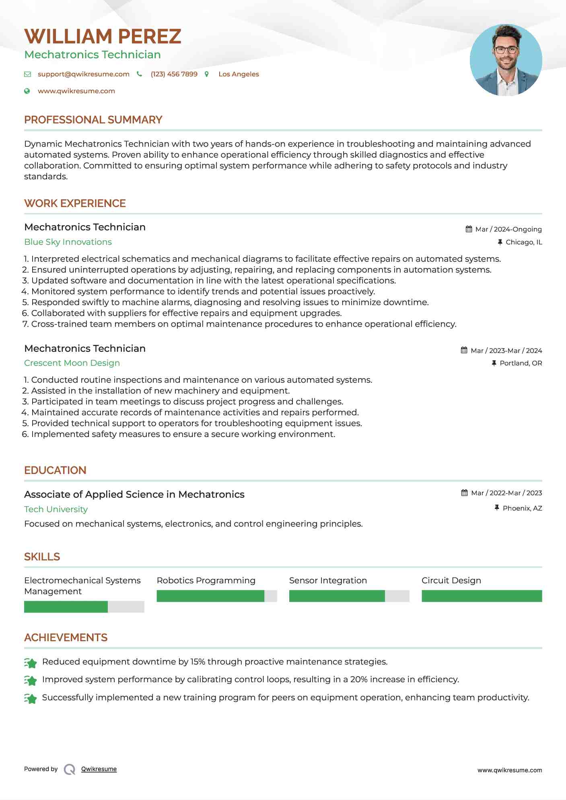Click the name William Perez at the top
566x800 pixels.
(x=103, y=37)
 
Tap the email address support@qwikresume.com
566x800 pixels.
(x=83, y=74)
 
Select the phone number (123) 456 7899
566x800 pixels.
(x=174, y=74)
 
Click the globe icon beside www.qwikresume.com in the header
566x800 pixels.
(x=27, y=91)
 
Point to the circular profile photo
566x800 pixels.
(x=506, y=60)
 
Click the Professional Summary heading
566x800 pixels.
(x=93, y=120)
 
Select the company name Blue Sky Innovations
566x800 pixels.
(x=68, y=242)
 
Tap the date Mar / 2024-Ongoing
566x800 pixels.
(x=508, y=230)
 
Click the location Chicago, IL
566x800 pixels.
(x=524, y=242)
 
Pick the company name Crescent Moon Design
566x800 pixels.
(x=72, y=363)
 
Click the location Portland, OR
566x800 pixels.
(x=521, y=363)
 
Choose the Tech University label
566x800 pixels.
(x=56, y=509)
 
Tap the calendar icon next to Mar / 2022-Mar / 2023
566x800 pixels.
(x=464, y=493)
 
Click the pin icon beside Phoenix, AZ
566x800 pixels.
(x=497, y=508)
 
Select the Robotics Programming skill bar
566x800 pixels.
(x=217, y=596)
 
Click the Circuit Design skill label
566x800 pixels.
(x=451, y=581)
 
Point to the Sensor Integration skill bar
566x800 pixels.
(x=349, y=596)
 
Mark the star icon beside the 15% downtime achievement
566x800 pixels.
(x=31, y=663)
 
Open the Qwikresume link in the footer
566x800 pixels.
(x=99, y=769)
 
